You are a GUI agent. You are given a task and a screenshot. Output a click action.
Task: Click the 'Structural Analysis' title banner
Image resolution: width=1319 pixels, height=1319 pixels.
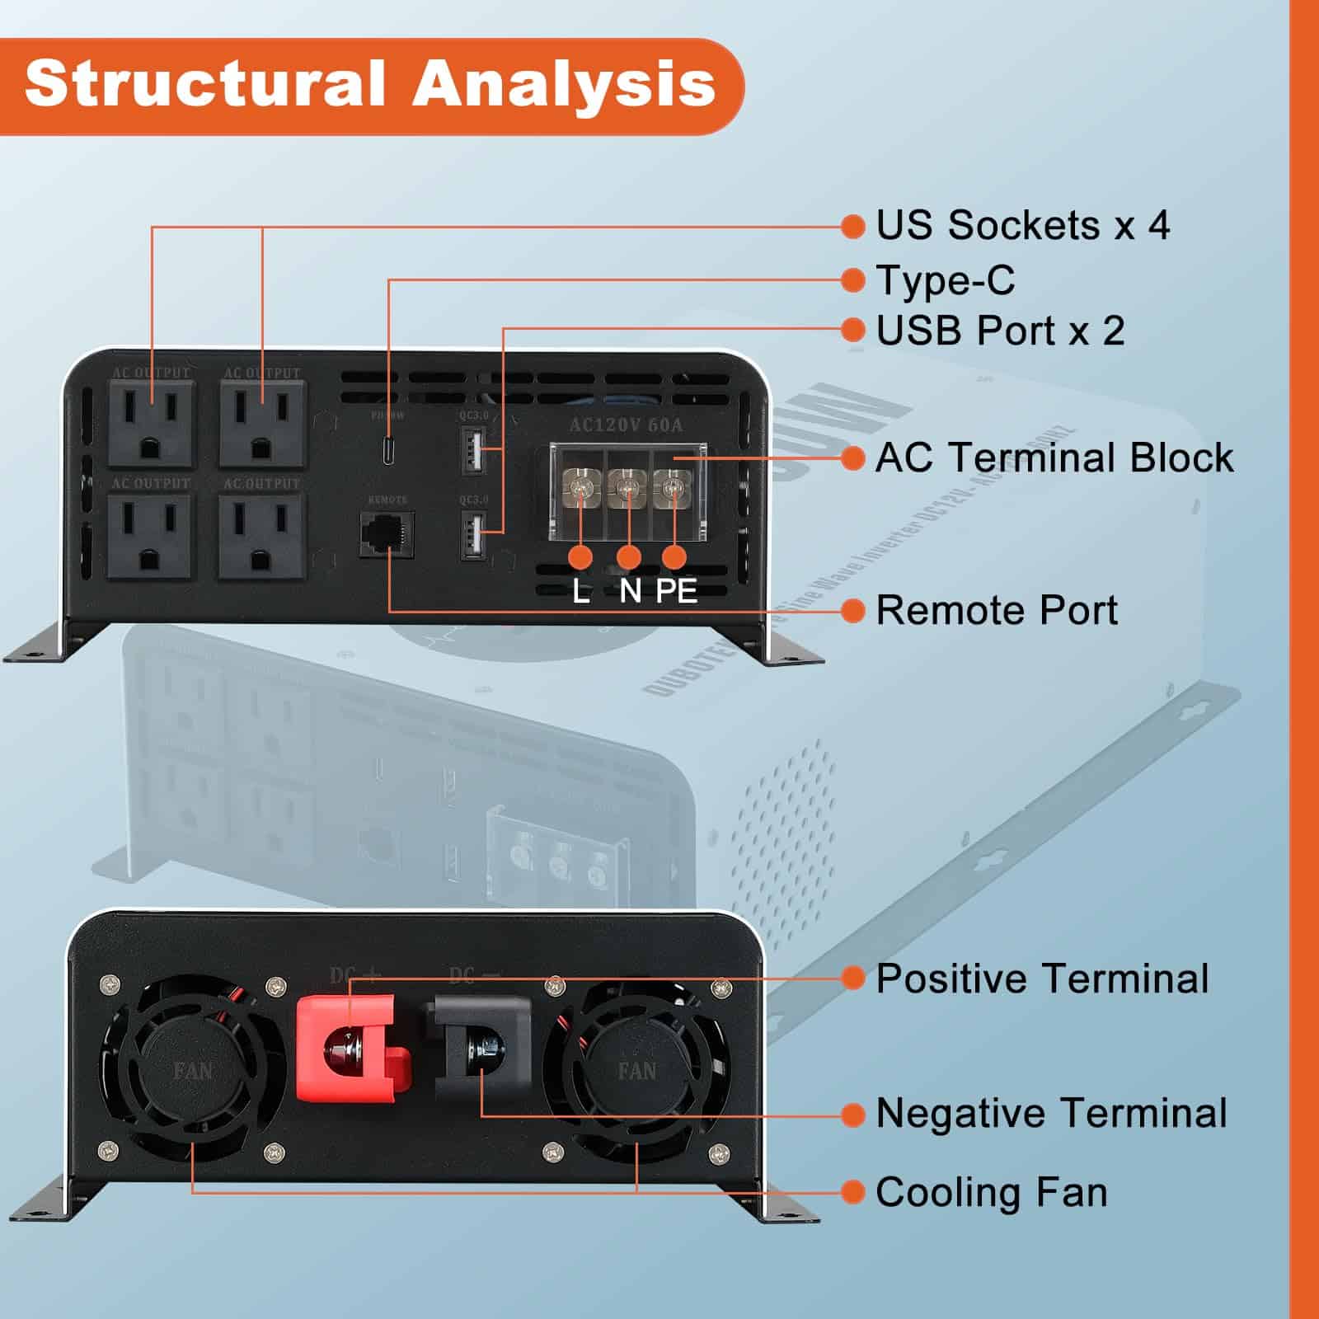pos(371,84)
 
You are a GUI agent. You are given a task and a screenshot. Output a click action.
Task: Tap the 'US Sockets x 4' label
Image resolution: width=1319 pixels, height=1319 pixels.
pos(1022,225)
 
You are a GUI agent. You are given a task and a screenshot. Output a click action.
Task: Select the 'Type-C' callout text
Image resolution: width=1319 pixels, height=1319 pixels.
pos(945,280)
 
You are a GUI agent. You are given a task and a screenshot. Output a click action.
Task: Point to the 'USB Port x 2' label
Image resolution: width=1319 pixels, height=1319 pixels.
pos(1000,331)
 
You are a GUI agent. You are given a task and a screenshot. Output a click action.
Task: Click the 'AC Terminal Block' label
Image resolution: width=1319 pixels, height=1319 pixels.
pos(1054,458)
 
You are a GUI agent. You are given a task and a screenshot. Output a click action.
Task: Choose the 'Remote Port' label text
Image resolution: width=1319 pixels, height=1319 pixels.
pos(996,611)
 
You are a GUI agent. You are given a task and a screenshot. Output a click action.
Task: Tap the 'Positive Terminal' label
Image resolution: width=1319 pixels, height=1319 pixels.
pos(1042,979)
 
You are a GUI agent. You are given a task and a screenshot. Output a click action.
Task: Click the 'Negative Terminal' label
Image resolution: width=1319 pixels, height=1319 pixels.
pos(1051,1113)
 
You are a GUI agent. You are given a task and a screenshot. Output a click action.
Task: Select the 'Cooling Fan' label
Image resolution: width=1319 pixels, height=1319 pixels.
pos(991,1193)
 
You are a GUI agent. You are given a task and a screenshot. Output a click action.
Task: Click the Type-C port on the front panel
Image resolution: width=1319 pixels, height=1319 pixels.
pos(388,452)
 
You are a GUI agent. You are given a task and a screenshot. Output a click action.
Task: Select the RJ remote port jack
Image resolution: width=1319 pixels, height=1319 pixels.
pos(387,534)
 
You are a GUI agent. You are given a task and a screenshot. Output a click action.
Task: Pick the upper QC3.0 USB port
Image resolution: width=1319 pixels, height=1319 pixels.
pos(472,452)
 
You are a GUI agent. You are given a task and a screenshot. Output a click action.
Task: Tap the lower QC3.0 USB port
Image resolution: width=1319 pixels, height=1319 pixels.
pos(472,536)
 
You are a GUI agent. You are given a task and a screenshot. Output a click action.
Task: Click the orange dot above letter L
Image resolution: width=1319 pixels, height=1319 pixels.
pos(580,557)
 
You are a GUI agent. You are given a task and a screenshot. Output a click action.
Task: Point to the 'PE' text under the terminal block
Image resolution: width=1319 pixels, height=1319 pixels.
pos(677,591)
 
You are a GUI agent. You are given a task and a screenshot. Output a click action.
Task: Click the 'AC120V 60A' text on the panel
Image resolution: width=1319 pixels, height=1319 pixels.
pos(627,425)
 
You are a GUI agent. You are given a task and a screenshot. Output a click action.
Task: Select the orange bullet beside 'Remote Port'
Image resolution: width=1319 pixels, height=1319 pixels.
pos(853,611)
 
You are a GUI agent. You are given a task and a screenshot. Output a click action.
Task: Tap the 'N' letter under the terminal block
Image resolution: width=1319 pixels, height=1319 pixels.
pos(630,591)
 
